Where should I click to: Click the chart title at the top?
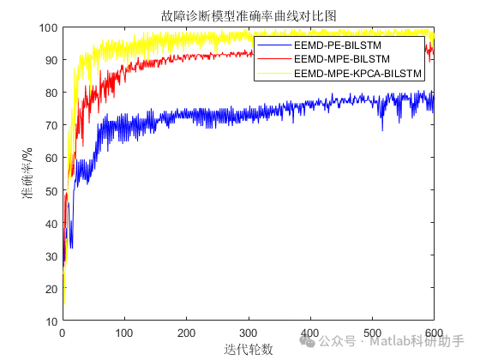pos(249,15)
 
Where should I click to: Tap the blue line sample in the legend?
pos(273,44)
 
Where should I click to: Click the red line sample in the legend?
pos(273,59)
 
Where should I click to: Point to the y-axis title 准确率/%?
pos(27,174)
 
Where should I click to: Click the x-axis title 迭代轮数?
pos(249,349)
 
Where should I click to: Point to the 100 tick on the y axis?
pos(49,27)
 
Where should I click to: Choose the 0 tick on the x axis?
pos(63,333)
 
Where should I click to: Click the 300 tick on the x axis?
pos(249,333)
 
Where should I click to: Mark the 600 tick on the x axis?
pos(434,333)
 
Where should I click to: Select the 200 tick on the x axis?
pos(187,333)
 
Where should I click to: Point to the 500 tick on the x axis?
pos(372,333)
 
